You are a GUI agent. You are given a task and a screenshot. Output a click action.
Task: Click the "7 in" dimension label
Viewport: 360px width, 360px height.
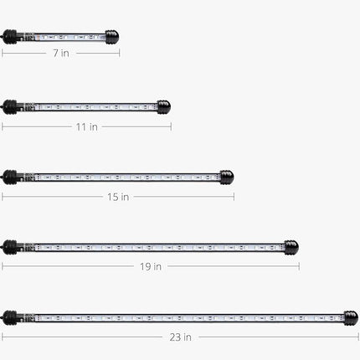[x=59, y=53]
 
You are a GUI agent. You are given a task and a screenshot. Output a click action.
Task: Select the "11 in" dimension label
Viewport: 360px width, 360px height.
[x=87, y=126]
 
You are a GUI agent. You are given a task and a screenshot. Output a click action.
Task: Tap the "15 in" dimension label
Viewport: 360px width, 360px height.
[x=118, y=197]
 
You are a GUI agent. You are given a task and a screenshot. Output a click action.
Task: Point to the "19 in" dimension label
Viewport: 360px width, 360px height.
[x=151, y=267]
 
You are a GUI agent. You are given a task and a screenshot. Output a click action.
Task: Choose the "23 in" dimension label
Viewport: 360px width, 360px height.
[x=181, y=337]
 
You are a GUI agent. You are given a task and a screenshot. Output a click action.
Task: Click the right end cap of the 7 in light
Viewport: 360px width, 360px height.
[x=112, y=37]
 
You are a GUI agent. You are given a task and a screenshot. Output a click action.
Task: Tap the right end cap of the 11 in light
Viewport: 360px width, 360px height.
[x=163, y=107]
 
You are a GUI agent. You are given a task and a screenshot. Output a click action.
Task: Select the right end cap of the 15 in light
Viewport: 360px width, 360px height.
[x=227, y=177]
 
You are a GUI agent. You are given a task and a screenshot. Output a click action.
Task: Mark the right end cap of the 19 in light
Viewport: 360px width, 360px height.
[x=291, y=248]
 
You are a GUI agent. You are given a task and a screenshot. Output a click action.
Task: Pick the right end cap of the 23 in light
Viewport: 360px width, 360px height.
[x=351, y=318]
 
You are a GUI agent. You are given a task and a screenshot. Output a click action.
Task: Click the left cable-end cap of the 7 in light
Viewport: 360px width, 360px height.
[x=11, y=37]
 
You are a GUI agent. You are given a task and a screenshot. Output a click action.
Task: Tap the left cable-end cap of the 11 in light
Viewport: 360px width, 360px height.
[x=11, y=107]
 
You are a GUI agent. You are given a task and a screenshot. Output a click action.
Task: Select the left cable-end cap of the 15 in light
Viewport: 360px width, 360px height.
[x=11, y=177]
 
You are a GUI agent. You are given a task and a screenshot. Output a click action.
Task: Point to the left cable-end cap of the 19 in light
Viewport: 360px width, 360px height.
[x=11, y=248]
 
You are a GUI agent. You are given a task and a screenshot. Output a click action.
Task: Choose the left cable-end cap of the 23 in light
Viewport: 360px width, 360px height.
[x=11, y=318]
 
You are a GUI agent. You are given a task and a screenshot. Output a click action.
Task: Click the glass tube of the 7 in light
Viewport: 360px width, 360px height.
[x=63, y=37]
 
